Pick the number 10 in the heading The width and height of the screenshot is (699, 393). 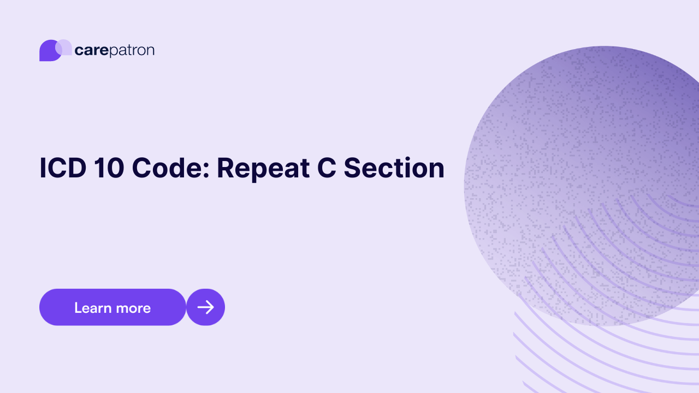(x=108, y=168)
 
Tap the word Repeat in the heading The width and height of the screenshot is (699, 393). (x=258, y=168)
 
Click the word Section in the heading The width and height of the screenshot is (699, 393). (x=394, y=168)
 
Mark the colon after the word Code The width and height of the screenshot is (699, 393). (x=205, y=172)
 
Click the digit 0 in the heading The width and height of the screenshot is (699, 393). (x=114, y=168)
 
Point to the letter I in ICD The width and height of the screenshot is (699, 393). (x=43, y=168)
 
